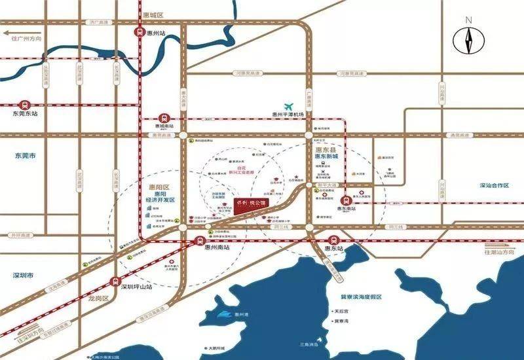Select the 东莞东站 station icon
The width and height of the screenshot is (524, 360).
(24, 103)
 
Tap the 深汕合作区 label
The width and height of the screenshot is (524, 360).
(494, 186)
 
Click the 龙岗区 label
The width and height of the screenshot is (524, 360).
(96, 298)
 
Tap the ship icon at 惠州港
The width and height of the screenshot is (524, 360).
(228, 316)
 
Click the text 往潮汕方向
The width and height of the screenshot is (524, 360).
(500, 251)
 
